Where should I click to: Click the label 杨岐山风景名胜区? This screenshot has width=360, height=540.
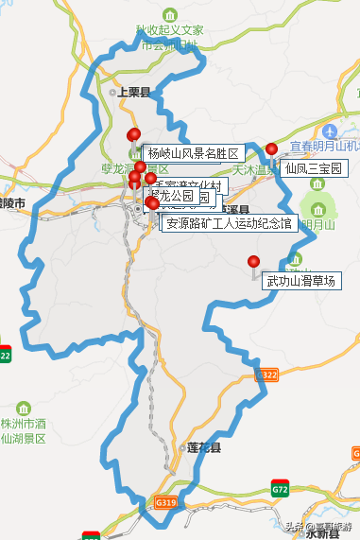[x=194, y=153]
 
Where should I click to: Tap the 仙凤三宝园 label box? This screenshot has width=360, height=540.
[x=312, y=168]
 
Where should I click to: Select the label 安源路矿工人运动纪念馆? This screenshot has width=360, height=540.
[x=230, y=224]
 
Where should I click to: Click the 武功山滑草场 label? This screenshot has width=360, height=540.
[x=301, y=281]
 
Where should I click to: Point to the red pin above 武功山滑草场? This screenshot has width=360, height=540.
[x=253, y=262]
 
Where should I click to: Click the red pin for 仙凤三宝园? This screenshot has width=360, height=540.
[x=272, y=149]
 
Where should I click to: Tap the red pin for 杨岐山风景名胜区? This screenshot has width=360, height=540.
[x=133, y=134]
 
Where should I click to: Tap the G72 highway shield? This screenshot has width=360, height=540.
[x=280, y=490]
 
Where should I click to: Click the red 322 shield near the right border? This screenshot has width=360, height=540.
[x=269, y=375]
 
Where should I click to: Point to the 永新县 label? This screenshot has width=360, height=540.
[x=322, y=533]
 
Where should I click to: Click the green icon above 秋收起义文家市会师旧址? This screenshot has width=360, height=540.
[x=169, y=15]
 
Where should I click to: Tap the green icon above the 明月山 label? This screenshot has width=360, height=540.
[x=317, y=208]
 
